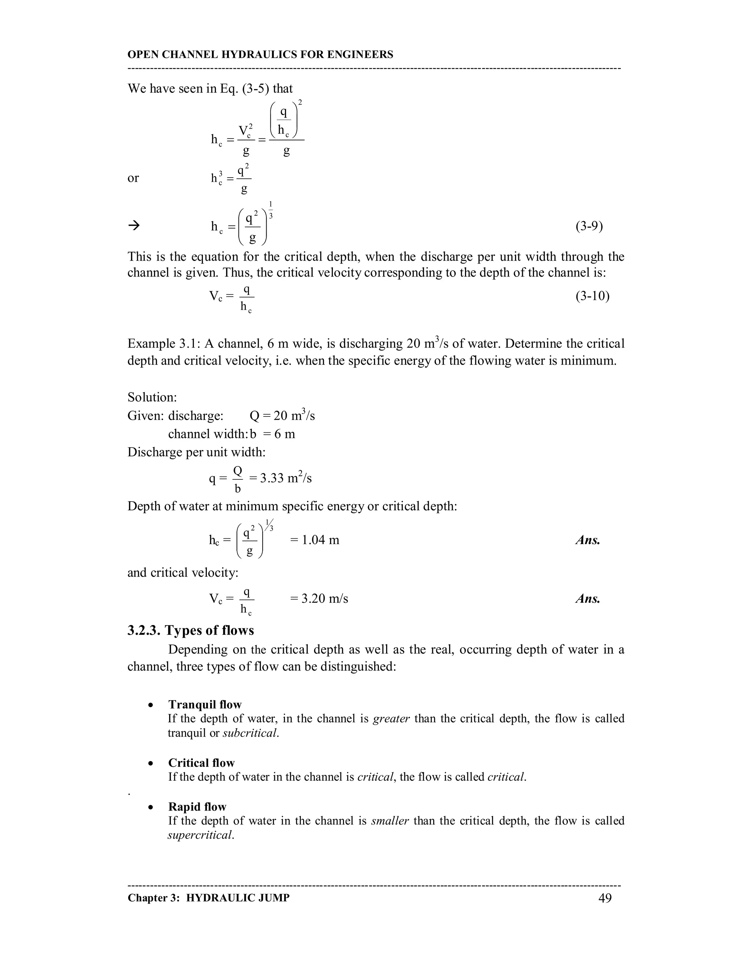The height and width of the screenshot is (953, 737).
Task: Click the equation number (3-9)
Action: click(x=589, y=226)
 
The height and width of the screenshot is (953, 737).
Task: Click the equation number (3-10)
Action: click(x=592, y=296)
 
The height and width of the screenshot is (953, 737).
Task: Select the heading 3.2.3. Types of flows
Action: click(x=190, y=630)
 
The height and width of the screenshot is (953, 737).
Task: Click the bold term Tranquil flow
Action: click(x=205, y=704)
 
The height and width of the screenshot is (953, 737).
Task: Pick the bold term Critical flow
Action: click(x=201, y=762)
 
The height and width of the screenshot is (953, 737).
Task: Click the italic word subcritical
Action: click(x=250, y=733)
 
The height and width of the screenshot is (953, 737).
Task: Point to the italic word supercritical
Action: click(x=201, y=835)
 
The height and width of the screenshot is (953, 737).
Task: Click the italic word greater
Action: click(x=391, y=718)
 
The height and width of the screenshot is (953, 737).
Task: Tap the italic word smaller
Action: click(x=390, y=820)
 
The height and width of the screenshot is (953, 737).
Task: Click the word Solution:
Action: click(x=152, y=397)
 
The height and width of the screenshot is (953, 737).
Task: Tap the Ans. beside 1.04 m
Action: click(x=588, y=540)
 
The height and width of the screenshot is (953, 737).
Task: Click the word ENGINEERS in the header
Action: click(x=360, y=55)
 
